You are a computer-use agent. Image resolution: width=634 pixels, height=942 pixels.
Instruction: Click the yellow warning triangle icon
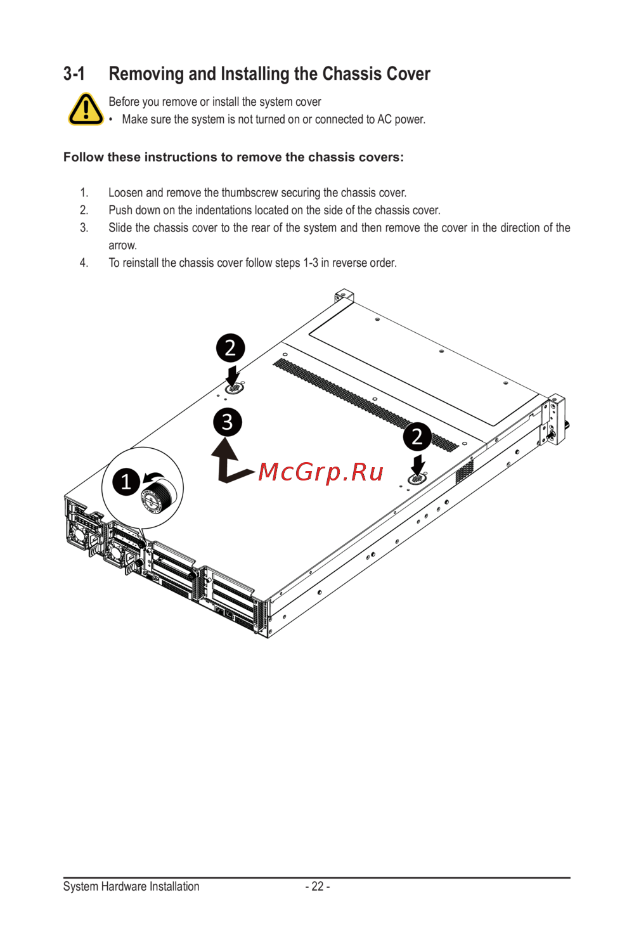tap(86, 109)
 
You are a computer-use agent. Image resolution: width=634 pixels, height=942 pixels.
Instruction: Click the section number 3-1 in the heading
tap(74, 74)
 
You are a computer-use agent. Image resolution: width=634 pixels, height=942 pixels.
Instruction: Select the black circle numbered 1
tap(126, 482)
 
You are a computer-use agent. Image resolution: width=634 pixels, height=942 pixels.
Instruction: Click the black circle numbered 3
tap(227, 422)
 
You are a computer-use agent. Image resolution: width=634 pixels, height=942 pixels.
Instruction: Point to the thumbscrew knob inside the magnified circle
tap(158, 496)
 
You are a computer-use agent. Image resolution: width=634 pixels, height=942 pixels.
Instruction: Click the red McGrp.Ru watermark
tap(320, 472)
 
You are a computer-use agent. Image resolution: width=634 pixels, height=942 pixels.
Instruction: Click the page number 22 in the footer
tap(318, 886)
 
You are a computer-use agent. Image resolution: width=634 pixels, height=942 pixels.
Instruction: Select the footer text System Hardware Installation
tap(131, 886)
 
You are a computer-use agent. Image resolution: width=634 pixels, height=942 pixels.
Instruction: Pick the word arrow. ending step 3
tap(123, 245)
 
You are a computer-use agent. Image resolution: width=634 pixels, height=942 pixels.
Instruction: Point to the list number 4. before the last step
tap(84, 263)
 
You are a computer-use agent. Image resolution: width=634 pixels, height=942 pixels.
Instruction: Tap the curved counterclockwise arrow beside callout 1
tap(153, 477)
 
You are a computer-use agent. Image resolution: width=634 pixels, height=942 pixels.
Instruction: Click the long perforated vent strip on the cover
tap(366, 405)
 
